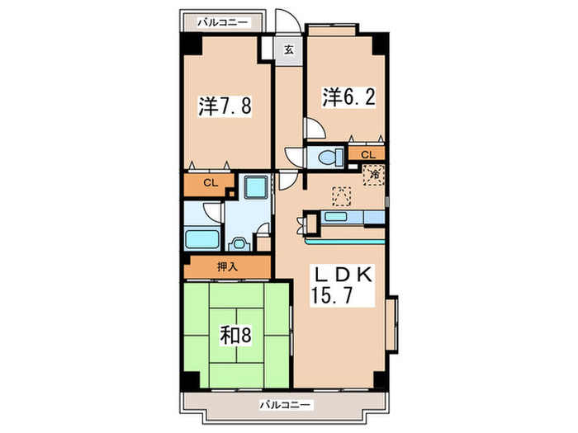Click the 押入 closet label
tap(227, 266)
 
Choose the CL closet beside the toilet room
tap(367, 153)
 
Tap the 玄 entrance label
tap(288, 49)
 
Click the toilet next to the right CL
tap(328, 155)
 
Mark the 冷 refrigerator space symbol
tap(374, 175)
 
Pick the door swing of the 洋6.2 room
tap(315, 130)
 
